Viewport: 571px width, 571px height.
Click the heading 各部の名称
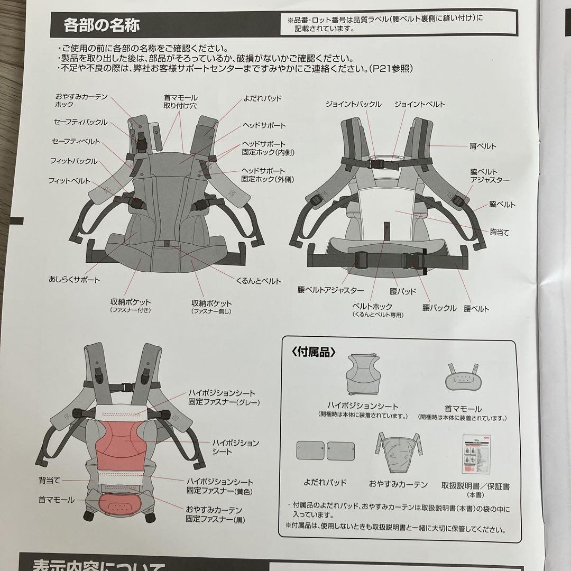click(x=101, y=24)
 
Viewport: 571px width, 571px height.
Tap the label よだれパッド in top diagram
click(x=263, y=99)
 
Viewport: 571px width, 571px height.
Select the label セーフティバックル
click(x=80, y=122)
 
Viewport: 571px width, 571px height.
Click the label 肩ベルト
click(x=483, y=146)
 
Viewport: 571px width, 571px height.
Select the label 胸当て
click(x=499, y=233)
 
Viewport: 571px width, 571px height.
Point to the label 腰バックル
click(x=439, y=308)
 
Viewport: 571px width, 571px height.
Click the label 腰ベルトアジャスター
click(x=330, y=291)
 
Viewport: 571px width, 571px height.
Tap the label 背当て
click(x=50, y=480)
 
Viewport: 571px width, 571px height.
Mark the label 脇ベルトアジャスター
click(x=490, y=176)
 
